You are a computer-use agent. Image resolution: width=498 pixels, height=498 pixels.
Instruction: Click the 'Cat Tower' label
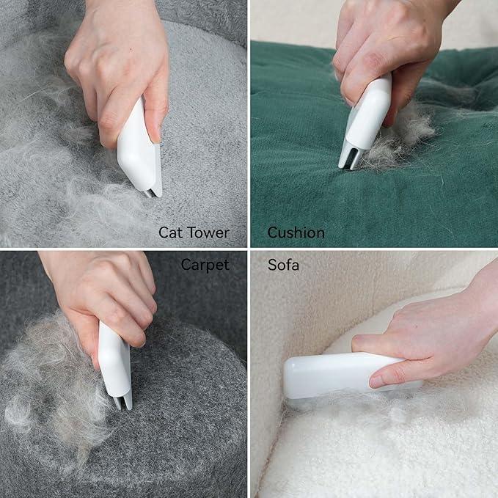click(x=194, y=233)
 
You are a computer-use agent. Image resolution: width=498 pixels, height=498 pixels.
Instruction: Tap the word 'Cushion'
click(x=296, y=233)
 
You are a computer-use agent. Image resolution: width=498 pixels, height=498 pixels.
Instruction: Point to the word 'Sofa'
click(x=283, y=265)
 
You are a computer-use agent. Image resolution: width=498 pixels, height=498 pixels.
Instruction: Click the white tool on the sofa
click(x=337, y=374)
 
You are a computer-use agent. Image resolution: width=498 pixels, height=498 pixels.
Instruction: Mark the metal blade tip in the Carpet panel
click(x=122, y=401)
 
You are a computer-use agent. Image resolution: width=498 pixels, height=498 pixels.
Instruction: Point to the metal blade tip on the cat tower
click(x=150, y=192)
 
